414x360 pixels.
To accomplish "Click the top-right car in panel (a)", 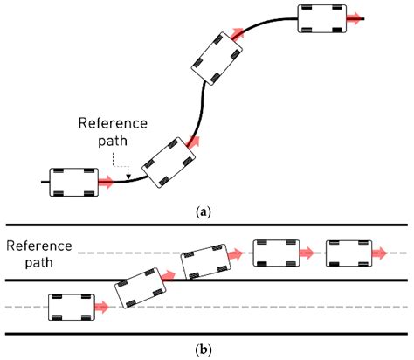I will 321,17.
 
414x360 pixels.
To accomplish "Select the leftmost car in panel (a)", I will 73,181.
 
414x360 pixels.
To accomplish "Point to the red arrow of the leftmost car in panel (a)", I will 107,183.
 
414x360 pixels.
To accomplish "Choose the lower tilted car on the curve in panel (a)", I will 168,161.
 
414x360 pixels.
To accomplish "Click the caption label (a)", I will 206,211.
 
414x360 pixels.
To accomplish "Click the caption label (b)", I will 206,350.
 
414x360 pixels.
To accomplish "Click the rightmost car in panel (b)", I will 348,253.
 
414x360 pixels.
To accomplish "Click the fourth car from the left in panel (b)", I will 275,253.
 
